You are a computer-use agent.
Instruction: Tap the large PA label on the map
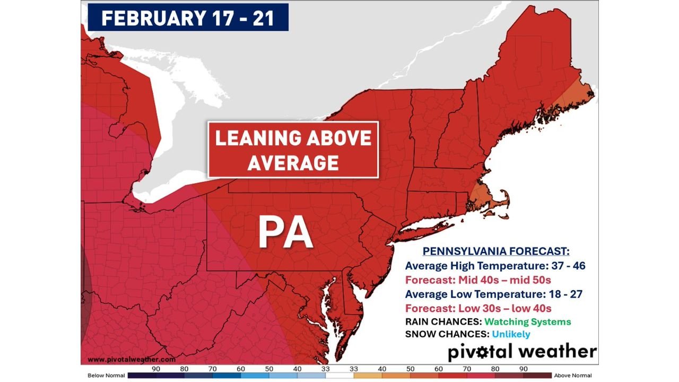pos(285,233)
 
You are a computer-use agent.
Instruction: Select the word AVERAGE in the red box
pos(293,162)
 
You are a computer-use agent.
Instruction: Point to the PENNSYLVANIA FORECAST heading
pos(495,251)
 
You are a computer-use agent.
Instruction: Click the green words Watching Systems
pos(527,322)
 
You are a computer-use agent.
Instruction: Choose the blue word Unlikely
pos(510,334)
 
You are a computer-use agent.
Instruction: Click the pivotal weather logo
pos(522,352)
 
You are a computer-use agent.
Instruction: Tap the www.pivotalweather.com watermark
pos(128,359)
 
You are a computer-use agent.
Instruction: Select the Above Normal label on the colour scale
pos(573,375)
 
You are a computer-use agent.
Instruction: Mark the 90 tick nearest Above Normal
pos(523,368)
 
